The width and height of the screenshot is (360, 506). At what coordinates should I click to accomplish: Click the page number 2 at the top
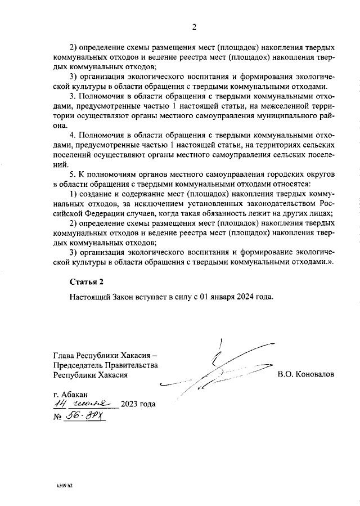click(x=193, y=26)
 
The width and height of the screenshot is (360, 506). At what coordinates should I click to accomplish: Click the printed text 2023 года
click(x=138, y=404)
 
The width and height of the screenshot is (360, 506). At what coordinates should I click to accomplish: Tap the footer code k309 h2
click(x=65, y=485)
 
